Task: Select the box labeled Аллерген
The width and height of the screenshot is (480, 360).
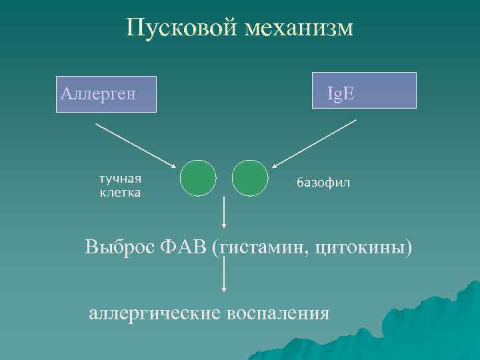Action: pyautogui.click(x=106, y=93)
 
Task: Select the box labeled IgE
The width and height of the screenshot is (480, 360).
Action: pyautogui.click(x=365, y=90)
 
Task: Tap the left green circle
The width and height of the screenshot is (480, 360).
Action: pyautogui.click(x=198, y=178)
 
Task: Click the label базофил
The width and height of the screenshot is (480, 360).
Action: pyautogui.click(x=323, y=183)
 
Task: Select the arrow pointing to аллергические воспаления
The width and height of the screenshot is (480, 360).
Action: pyautogui.click(x=223, y=275)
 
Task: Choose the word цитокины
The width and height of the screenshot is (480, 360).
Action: pyautogui.click(x=363, y=248)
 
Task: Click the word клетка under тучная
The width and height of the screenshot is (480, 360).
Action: pyautogui.click(x=120, y=193)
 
